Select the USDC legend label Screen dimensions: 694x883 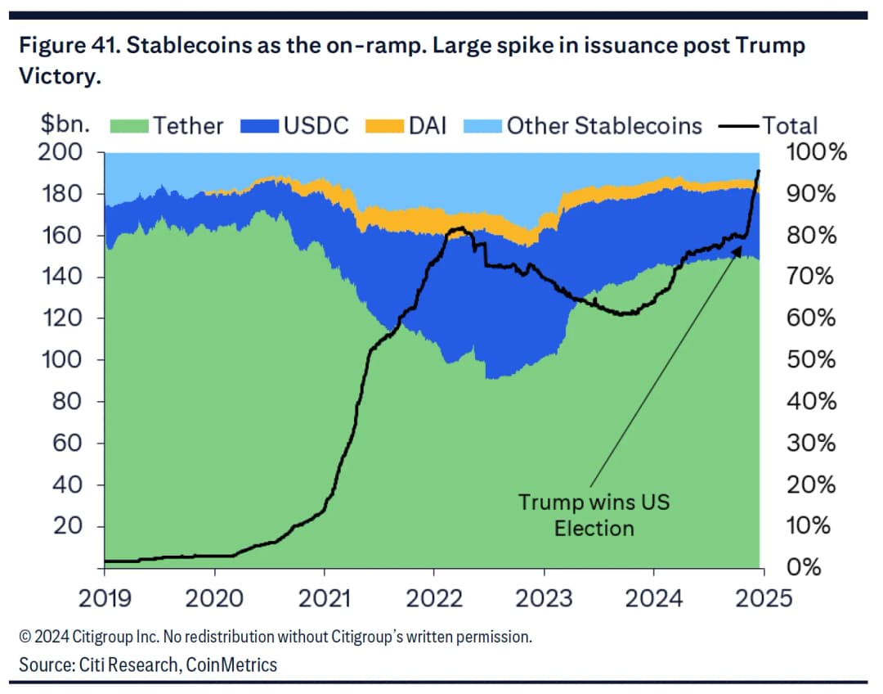click(x=316, y=126)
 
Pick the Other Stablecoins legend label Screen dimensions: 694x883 click(x=604, y=126)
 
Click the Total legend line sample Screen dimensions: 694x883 click(x=738, y=126)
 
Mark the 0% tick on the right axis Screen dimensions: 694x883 click(x=805, y=567)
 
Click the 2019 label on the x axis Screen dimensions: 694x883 click(x=105, y=598)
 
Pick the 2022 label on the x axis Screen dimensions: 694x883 click(x=433, y=598)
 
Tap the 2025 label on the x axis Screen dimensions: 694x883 click(x=763, y=598)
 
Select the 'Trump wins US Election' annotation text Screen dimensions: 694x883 click(x=594, y=514)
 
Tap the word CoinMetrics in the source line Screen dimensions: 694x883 click(x=231, y=665)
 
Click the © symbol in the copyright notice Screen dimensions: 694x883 click(x=25, y=636)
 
